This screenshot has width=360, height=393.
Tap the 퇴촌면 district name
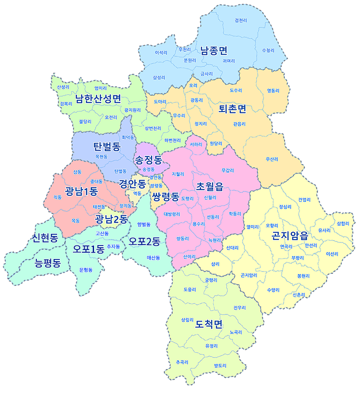[232, 109]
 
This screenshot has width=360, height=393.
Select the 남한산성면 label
[98, 98]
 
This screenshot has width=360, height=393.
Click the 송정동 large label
[148, 159]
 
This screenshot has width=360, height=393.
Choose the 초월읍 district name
[210, 186]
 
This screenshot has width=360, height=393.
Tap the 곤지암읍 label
[290, 235]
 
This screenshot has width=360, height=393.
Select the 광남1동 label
[81, 191]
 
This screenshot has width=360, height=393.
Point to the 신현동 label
[45, 238]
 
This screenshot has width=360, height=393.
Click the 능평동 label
[48, 263]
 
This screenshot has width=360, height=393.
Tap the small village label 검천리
[241, 20]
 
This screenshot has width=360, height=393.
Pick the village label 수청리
[267, 50]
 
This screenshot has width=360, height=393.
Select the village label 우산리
[272, 159]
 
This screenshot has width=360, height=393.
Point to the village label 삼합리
[342, 223]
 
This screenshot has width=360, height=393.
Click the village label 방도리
[220, 365]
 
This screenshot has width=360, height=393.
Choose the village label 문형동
[85, 270]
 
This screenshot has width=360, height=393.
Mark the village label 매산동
[153, 258]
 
